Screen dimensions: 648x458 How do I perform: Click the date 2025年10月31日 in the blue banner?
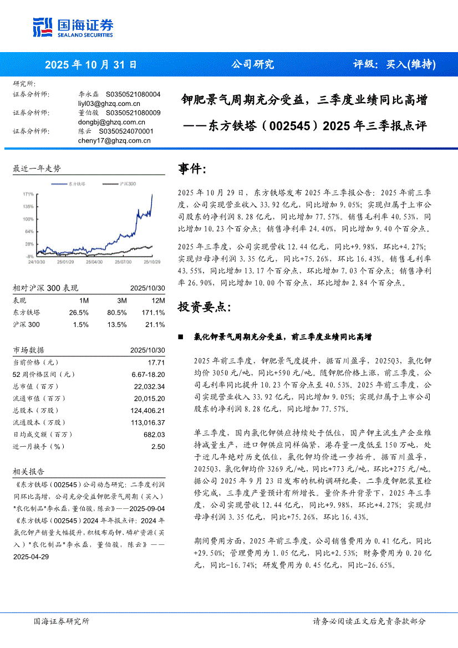coord(91,64)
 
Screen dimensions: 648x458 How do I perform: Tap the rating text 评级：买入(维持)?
coord(394,64)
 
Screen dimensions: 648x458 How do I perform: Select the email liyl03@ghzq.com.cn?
coord(109,104)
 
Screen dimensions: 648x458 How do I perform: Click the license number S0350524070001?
coord(126,131)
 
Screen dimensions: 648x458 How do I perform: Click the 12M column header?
coord(158,300)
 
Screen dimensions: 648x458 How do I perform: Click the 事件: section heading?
coord(192,169)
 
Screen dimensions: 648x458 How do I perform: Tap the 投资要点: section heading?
coord(200,307)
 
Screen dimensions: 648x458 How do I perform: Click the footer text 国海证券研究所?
coord(61,621)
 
